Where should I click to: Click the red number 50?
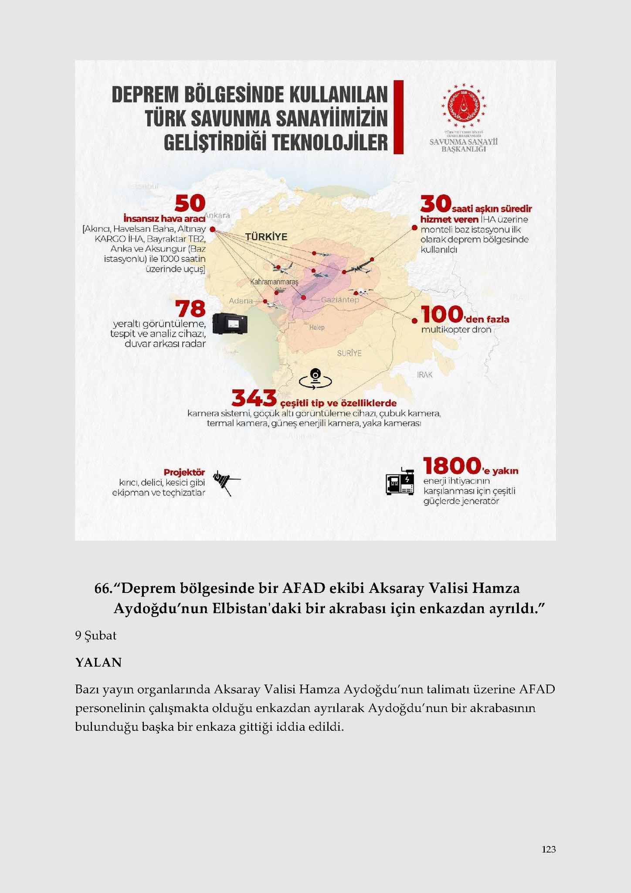(190, 203)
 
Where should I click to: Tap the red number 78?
(190, 309)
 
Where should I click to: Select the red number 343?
(254, 398)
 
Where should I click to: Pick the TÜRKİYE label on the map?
(266, 237)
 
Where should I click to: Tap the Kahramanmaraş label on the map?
(274, 282)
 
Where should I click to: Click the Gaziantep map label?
(340, 300)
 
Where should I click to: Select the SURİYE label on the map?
(349, 353)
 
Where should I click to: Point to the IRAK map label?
(424, 375)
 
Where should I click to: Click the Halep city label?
(317, 327)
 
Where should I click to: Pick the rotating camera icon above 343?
(315, 378)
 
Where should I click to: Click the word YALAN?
(98, 663)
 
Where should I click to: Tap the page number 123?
(549, 849)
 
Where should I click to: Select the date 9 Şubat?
(96, 636)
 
